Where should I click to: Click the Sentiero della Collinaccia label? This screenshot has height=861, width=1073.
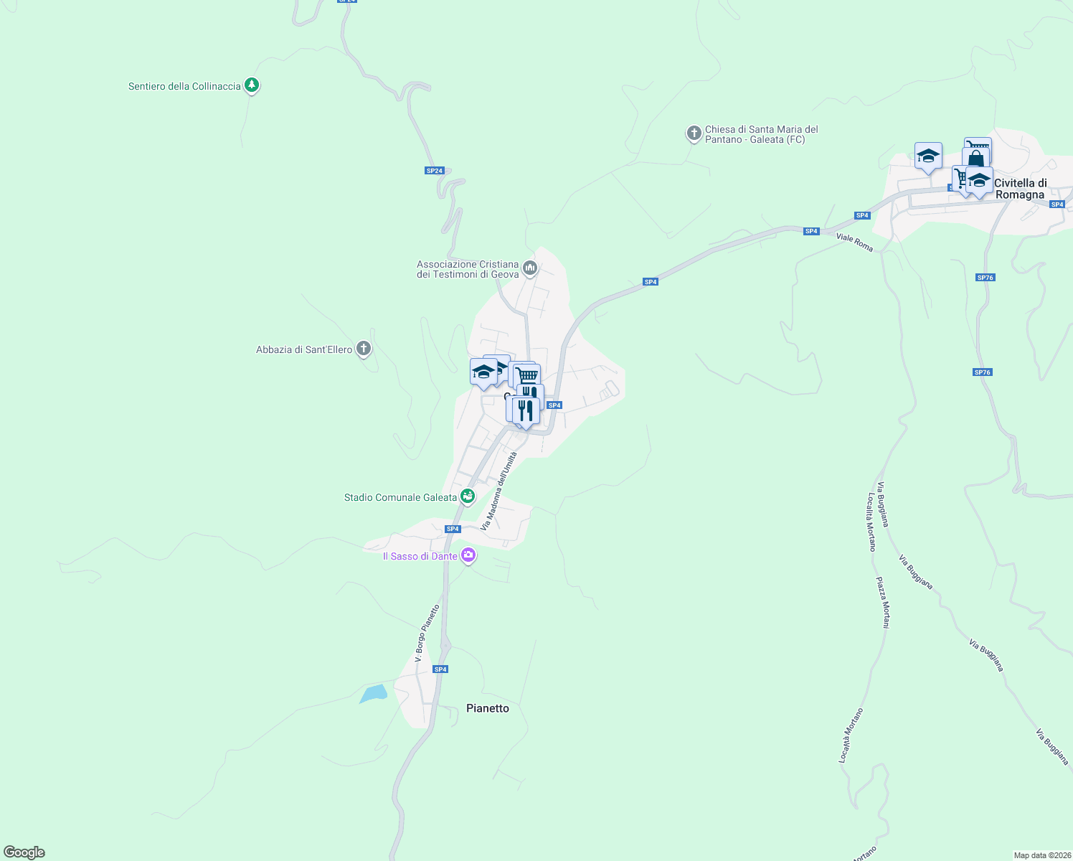184,87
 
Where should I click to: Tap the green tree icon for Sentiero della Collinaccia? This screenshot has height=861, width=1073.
251,85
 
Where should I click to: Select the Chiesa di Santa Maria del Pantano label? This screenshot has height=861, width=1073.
761,134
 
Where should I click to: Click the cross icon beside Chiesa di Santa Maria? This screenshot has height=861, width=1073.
694,133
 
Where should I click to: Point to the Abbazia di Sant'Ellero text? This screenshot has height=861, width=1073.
304,350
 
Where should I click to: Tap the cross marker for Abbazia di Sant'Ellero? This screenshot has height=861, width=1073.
364,349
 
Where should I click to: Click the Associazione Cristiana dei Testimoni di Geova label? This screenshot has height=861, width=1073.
468,269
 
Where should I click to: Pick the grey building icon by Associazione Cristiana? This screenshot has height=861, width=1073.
530,268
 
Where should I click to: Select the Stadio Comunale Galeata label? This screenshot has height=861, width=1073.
400,497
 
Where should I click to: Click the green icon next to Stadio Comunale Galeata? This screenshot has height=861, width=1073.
468,496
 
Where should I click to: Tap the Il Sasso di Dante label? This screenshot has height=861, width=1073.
420,556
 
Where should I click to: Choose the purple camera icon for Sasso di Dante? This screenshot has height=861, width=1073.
468,555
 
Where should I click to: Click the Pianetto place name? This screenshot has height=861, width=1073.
488,708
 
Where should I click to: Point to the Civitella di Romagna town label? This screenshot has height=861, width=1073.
1020,189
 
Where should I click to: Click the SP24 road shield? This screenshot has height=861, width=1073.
435,171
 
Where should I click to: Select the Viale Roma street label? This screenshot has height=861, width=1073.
855,242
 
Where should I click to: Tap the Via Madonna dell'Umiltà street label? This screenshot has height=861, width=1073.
498,491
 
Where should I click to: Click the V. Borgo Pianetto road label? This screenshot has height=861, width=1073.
427,633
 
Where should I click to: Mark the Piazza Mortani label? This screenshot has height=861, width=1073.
882,603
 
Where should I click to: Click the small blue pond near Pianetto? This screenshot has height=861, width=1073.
374,694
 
